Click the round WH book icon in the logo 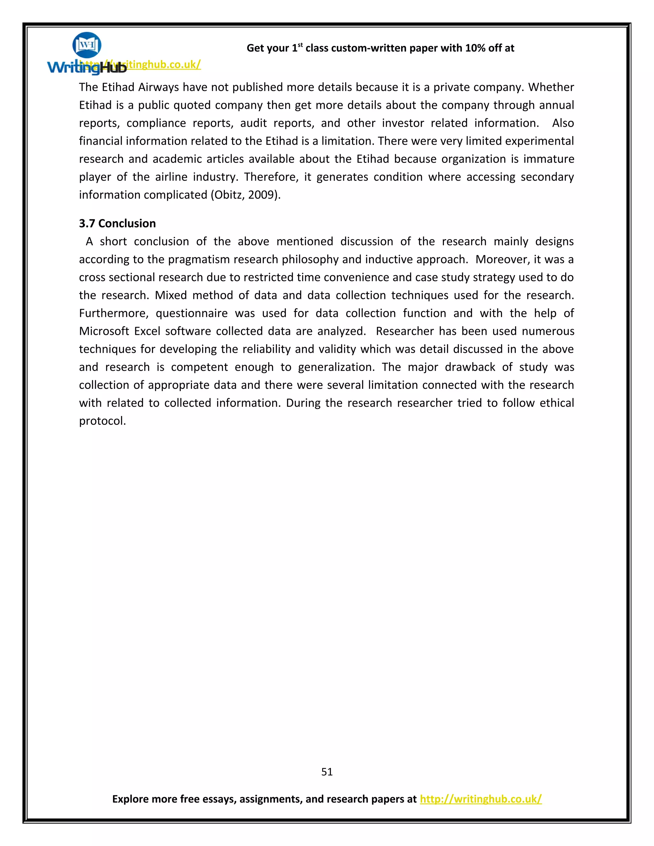[87, 45]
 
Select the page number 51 [327, 772]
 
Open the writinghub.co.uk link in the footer [480, 799]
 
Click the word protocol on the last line [102, 421]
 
